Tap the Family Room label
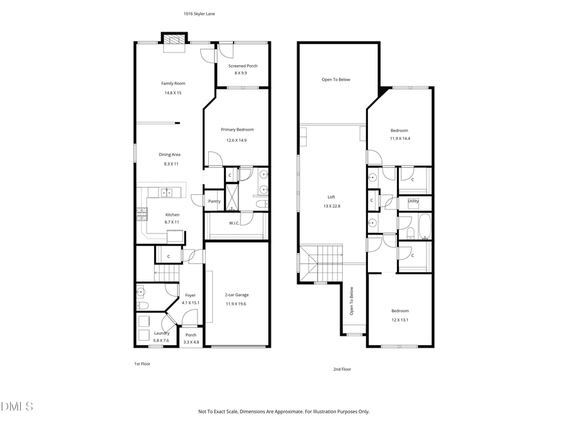pyautogui.click(x=173, y=83)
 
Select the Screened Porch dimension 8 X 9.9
pyautogui.click(x=242, y=73)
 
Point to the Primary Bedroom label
pyautogui.click(x=237, y=129)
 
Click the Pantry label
pyautogui.click(x=215, y=201)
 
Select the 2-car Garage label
pyautogui.click(x=237, y=295)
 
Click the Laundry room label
pyautogui.click(x=162, y=333)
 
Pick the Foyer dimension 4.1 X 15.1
pyautogui.click(x=191, y=303)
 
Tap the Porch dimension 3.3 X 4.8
pyautogui.click(x=191, y=342)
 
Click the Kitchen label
pyautogui.click(x=172, y=215)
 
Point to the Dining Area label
pyautogui.click(x=169, y=154)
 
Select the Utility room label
pyautogui.click(x=413, y=201)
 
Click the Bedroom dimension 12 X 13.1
pyautogui.click(x=400, y=319)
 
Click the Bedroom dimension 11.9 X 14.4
pyautogui.click(x=399, y=138)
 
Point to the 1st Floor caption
pyautogui.click(x=142, y=364)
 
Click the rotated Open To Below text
pyautogui.click(x=352, y=302)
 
